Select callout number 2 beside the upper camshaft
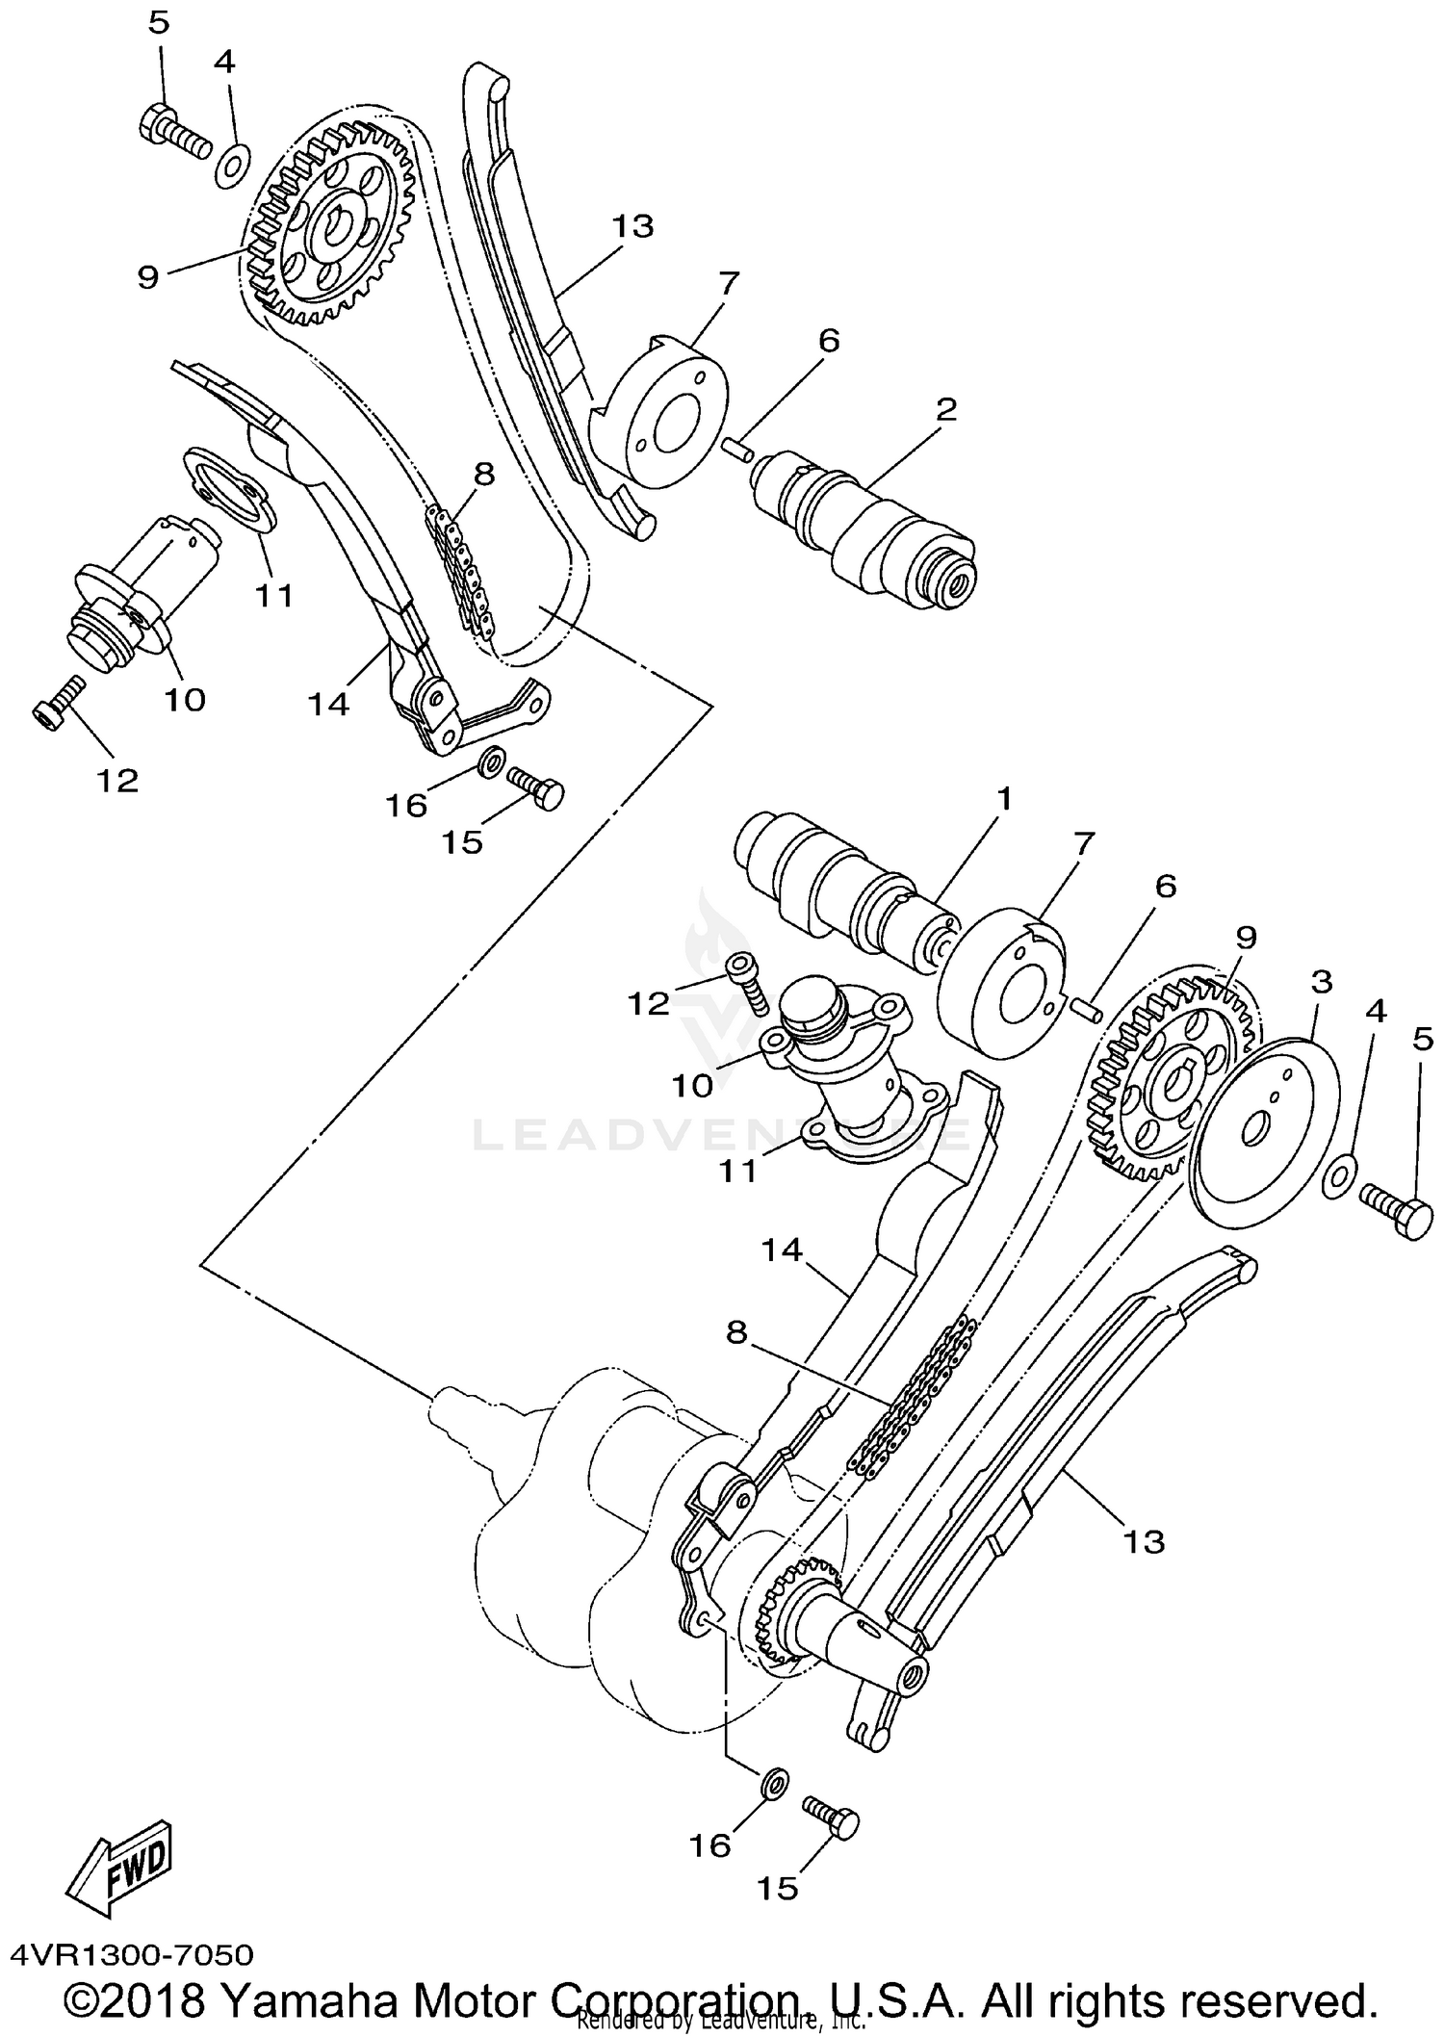point(946,410)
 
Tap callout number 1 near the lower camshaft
point(1004,798)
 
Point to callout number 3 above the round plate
point(1322,982)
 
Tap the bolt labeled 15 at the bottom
point(834,1819)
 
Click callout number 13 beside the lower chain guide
point(1144,1541)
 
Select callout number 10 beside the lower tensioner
point(691,1085)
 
